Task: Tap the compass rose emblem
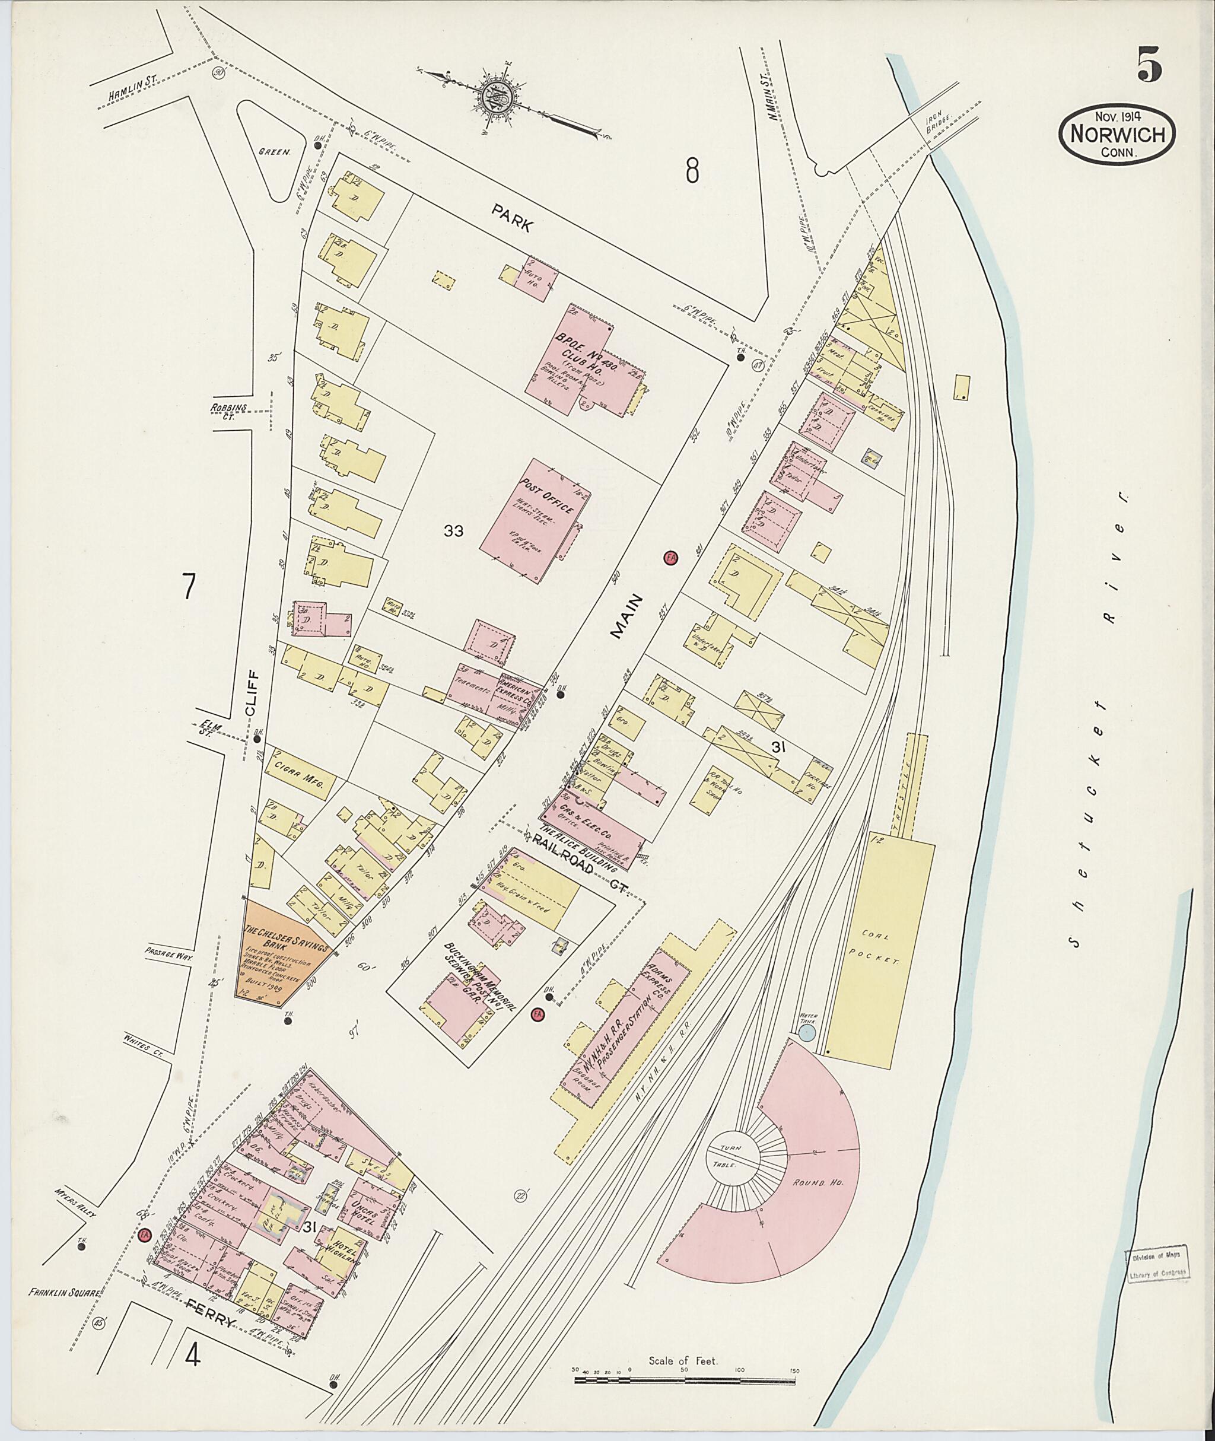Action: pyautogui.click(x=501, y=97)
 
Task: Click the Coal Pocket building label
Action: pyautogui.click(x=880, y=946)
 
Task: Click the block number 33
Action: pyautogui.click(x=453, y=530)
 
